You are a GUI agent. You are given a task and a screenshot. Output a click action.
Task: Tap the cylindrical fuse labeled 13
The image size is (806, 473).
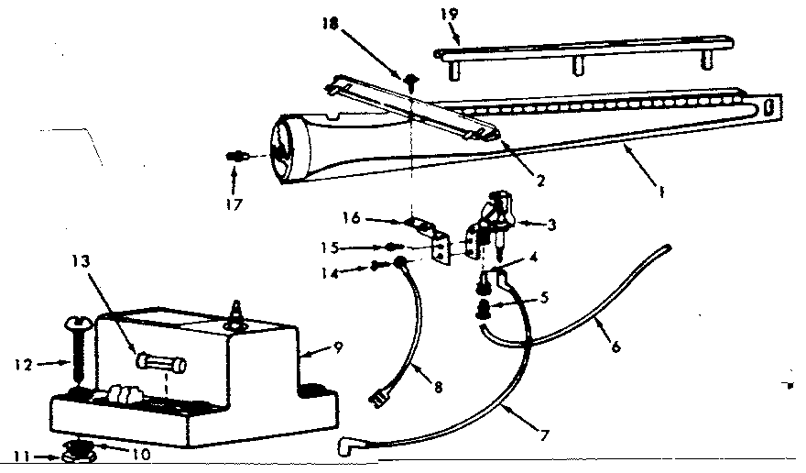(161, 364)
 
